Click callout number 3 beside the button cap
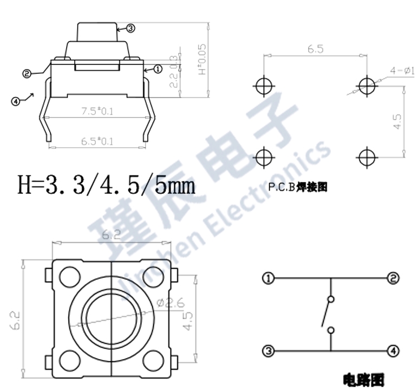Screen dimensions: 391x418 (130, 28)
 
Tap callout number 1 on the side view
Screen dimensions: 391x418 (158, 69)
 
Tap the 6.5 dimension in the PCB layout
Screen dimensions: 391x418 (315, 49)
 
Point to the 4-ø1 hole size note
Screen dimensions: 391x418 (402, 71)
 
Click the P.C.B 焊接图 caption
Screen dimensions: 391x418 (298, 188)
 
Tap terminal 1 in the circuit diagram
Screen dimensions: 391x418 (268, 279)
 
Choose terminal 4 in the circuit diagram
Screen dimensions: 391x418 (394, 351)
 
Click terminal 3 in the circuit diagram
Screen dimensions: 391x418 (268, 351)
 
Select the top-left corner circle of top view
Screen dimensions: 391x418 (69, 278)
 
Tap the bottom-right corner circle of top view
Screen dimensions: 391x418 (154, 359)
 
